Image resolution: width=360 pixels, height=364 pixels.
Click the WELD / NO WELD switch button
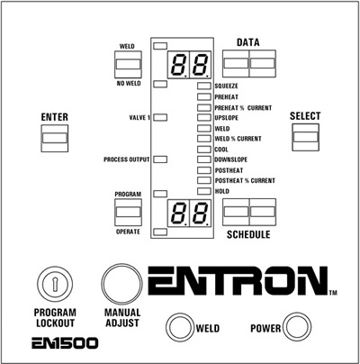128,64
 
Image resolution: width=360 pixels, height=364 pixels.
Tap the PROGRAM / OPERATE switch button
128,212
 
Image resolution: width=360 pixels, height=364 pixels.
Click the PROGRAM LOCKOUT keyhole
55,284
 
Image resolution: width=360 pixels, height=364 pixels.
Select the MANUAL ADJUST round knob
121,285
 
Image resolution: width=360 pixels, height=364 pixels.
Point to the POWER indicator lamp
297,327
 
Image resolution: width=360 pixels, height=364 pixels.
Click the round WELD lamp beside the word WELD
180,327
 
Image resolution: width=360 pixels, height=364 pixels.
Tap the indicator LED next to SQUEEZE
204,86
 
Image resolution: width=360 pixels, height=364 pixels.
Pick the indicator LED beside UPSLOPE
204,117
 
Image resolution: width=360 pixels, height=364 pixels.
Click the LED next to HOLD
204,191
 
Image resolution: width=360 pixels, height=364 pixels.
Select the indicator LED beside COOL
204,150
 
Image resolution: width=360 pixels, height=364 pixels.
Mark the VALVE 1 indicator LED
160,117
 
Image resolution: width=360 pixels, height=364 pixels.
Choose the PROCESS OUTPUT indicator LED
160,159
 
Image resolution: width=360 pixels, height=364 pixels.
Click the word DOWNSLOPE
231,159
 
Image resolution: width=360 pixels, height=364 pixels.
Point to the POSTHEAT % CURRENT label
245,180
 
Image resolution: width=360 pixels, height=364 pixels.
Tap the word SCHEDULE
248,234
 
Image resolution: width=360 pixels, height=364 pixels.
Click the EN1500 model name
65,343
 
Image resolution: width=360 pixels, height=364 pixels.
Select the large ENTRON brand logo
238,281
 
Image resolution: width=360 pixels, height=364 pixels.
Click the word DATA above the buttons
248,42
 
